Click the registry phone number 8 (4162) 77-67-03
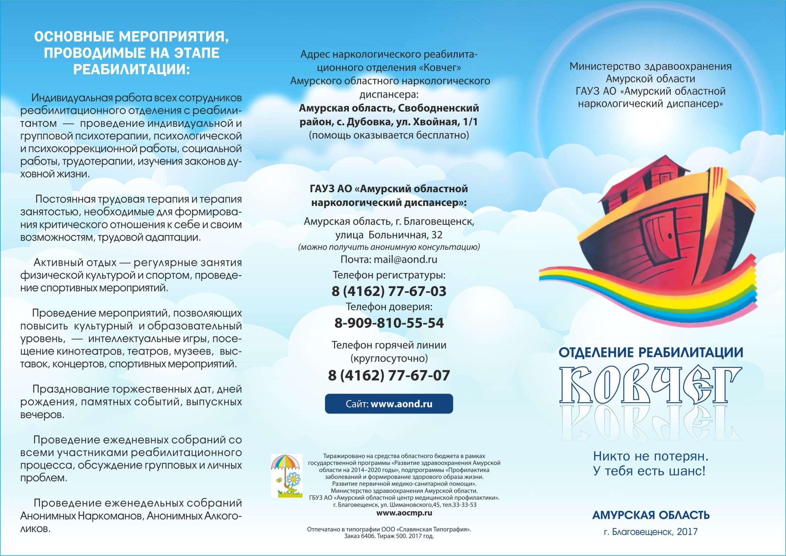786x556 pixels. [389, 291]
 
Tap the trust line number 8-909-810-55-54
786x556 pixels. [389, 323]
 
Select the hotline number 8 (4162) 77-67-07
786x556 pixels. [389, 375]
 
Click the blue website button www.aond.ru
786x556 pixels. [389, 404]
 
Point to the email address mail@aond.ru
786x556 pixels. [405, 259]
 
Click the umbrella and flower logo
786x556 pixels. [286, 476]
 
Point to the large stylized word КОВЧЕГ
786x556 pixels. [650, 385]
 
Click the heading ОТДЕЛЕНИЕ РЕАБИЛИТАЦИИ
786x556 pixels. [650, 352]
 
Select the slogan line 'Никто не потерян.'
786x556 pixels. [650, 456]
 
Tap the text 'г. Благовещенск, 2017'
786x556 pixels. [650, 531]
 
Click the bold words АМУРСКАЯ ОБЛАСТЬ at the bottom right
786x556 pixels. [650, 515]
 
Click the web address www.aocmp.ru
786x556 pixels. [404, 513]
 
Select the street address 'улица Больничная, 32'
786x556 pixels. [389, 235]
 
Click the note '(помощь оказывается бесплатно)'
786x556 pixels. [389, 135]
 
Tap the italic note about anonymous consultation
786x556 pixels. [389, 247]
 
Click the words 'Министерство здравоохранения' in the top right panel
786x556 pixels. [650, 66]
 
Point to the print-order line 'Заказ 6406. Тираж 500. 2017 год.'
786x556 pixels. [389, 536]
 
